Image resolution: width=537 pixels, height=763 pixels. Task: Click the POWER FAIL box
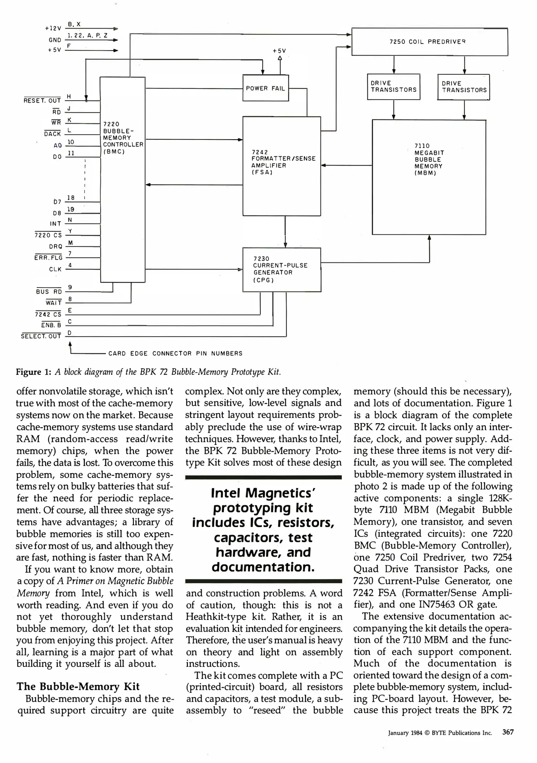pos(265,88)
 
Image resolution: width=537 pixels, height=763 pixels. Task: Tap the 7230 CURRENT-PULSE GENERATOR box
pos(281,270)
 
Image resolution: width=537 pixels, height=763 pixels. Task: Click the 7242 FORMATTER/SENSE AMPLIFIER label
pos(283,162)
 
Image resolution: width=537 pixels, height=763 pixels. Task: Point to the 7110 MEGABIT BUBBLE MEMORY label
pos(429,159)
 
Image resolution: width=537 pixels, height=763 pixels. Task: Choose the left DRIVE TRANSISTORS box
pos(394,87)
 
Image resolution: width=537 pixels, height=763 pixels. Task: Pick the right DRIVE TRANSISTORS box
pos(464,87)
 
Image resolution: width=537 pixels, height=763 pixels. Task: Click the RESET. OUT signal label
pos(42,101)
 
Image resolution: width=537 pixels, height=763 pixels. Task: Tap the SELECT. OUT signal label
pos(41,336)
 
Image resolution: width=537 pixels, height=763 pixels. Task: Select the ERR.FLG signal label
pos(48,258)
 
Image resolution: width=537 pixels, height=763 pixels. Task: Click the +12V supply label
pos(53,28)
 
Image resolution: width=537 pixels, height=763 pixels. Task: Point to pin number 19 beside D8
pos(71,209)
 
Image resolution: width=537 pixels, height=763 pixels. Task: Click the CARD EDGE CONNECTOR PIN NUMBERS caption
pos(175,353)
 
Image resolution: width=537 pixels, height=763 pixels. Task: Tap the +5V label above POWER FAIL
pos(279,51)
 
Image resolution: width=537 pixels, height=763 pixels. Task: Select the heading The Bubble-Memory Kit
pos(78,686)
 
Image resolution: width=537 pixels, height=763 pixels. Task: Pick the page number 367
pos(508,732)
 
